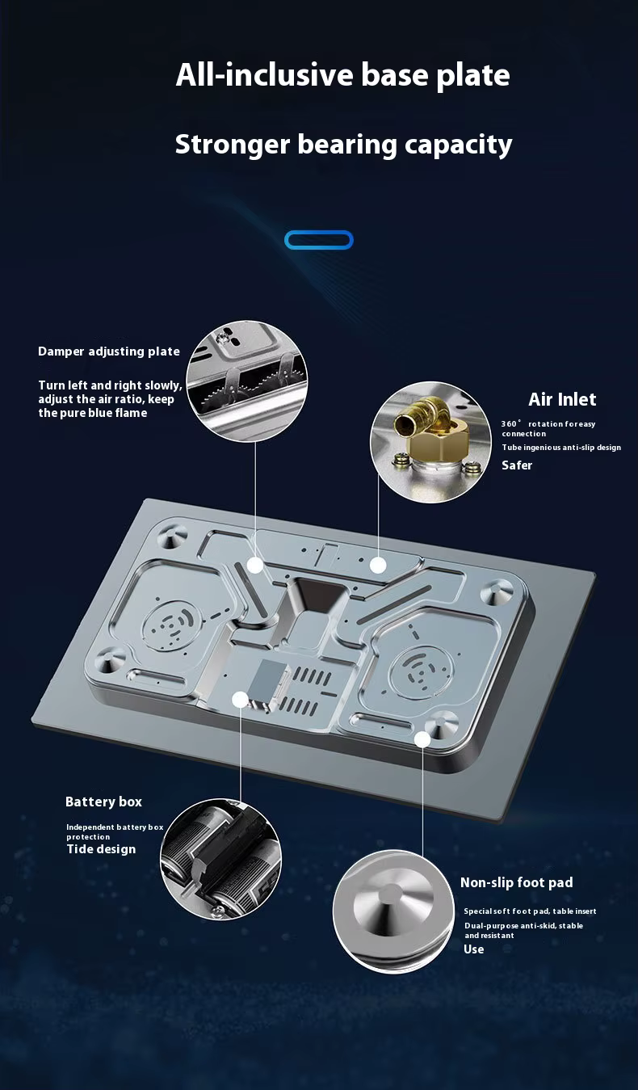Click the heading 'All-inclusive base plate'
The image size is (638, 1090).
(x=343, y=75)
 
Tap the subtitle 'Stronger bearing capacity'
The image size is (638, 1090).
(x=343, y=145)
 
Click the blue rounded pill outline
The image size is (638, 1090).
(x=318, y=240)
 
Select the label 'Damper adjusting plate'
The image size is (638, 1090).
(x=109, y=351)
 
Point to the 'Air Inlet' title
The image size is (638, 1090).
(x=562, y=399)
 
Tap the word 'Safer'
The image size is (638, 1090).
(x=517, y=465)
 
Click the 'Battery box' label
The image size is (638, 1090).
(x=103, y=802)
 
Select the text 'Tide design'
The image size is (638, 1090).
(x=101, y=849)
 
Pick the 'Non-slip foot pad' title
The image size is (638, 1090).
(x=516, y=882)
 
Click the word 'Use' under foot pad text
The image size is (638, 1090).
(x=473, y=949)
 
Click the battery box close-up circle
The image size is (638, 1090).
(x=220, y=860)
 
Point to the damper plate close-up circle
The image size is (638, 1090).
(x=247, y=381)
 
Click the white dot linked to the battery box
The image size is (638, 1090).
(x=239, y=700)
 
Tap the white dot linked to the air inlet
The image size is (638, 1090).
(x=378, y=565)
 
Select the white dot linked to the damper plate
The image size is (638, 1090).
(x=255, y=565)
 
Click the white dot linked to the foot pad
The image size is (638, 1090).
(x=422, y=739)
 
